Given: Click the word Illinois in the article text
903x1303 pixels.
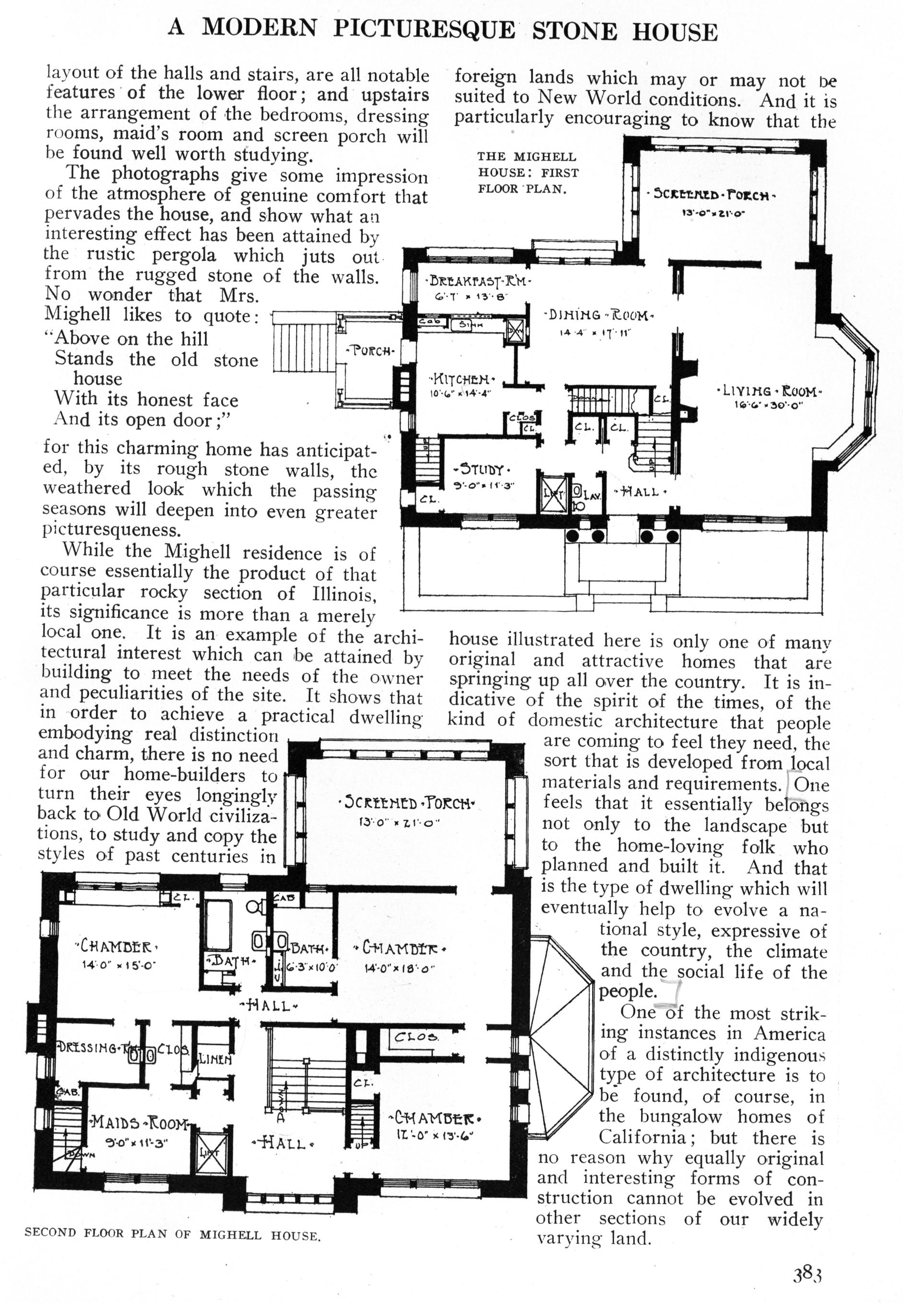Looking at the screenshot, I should click(344, 594).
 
